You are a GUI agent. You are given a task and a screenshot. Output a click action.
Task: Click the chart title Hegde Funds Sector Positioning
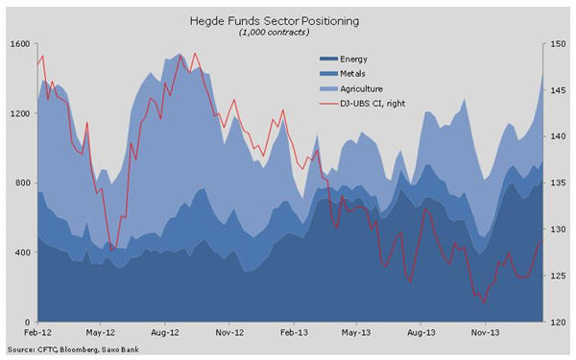tap(287, 19)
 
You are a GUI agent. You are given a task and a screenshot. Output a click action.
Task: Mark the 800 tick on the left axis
tap(20, 182)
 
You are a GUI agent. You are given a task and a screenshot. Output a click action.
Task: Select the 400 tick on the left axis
tap(20, 252)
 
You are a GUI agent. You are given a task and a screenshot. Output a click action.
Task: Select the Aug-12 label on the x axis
tap(166, 334)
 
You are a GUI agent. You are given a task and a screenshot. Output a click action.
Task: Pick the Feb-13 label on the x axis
tap(293, 334)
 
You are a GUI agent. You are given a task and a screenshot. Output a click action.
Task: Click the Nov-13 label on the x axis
tap(484, 334)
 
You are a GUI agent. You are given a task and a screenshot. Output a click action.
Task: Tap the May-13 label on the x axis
tap(356, 334)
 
